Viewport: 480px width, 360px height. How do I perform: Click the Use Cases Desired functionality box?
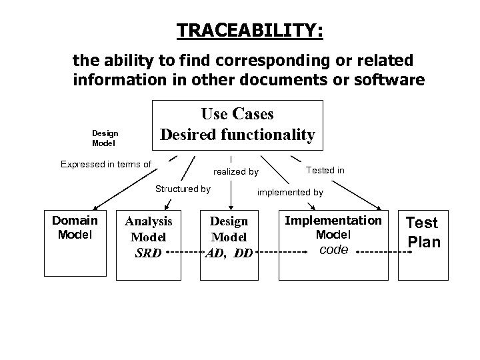click(x=237, y=124)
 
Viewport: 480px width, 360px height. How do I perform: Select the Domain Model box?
click(x=75, y=243)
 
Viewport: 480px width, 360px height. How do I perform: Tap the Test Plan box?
click(x=423, y=243)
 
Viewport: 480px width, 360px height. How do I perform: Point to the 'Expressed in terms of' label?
click(x=106, y=164)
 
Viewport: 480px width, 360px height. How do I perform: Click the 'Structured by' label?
click(x=183, y=189)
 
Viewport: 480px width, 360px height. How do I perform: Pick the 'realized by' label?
click(x=236, y=172)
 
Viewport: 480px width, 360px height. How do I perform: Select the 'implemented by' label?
click(x=291, y=192)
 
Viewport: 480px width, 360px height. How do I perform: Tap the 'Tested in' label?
click(x=325, y=171)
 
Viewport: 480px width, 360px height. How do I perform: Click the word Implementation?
click(x=333, y=221)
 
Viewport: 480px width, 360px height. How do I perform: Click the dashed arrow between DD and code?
click(x=280, y=253)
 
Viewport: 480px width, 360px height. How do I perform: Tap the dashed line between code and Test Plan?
click(x=381, y=253)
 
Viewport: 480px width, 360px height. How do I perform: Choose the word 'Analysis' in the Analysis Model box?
click(x=149, y=221)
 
